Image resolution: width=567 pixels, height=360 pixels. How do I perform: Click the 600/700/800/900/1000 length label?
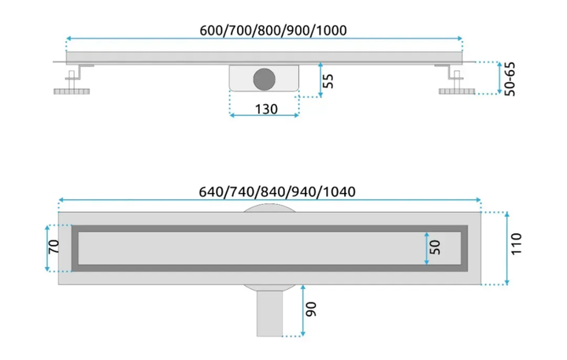(273, 31)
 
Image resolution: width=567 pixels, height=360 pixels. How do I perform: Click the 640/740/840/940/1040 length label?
(277, 191)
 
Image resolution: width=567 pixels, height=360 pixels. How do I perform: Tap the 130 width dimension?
(266, 109)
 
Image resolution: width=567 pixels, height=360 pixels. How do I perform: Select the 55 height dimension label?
(328, 80)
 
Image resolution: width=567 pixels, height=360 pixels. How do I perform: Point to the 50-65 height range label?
(510, 79)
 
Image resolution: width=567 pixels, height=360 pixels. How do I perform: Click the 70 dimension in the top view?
(54, 247)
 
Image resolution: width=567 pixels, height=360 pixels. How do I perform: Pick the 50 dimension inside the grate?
(435, 247)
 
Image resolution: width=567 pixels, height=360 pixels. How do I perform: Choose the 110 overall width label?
(517, 244)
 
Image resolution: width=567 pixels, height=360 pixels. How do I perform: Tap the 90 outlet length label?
(311, 310)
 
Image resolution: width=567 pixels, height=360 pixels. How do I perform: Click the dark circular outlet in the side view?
(265, 80)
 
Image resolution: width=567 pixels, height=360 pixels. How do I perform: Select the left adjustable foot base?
(72, 91)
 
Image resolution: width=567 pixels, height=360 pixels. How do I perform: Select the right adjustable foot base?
(457, 91)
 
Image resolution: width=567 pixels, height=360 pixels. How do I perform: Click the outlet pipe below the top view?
(270, 314)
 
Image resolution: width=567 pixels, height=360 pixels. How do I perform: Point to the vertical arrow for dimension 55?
(321, 80)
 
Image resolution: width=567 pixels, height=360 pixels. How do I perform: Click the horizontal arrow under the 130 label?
(265, 116)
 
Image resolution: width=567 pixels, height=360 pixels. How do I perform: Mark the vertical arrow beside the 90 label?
(303, 310)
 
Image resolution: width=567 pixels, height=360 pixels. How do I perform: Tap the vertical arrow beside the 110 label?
(507, 248)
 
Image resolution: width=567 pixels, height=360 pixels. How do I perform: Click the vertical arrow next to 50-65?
(499, 78)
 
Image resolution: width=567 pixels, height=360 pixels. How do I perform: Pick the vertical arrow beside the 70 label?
(47, 248)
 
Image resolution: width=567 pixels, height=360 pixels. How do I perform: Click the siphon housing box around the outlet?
(265, 78)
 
